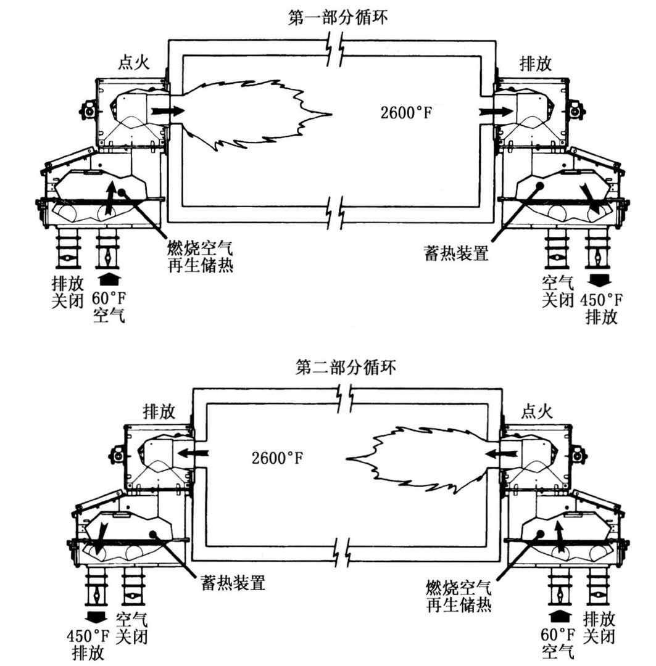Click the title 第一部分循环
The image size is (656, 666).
(338, 17)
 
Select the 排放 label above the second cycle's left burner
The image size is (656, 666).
(157, 410)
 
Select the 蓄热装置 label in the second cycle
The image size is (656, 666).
(233, 582)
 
